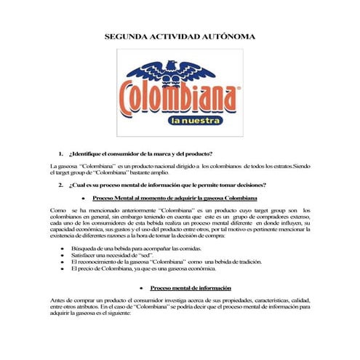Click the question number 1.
[x=61, y=154]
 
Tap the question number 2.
[x=61, y=185]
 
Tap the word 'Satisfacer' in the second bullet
[x=85, y=256]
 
